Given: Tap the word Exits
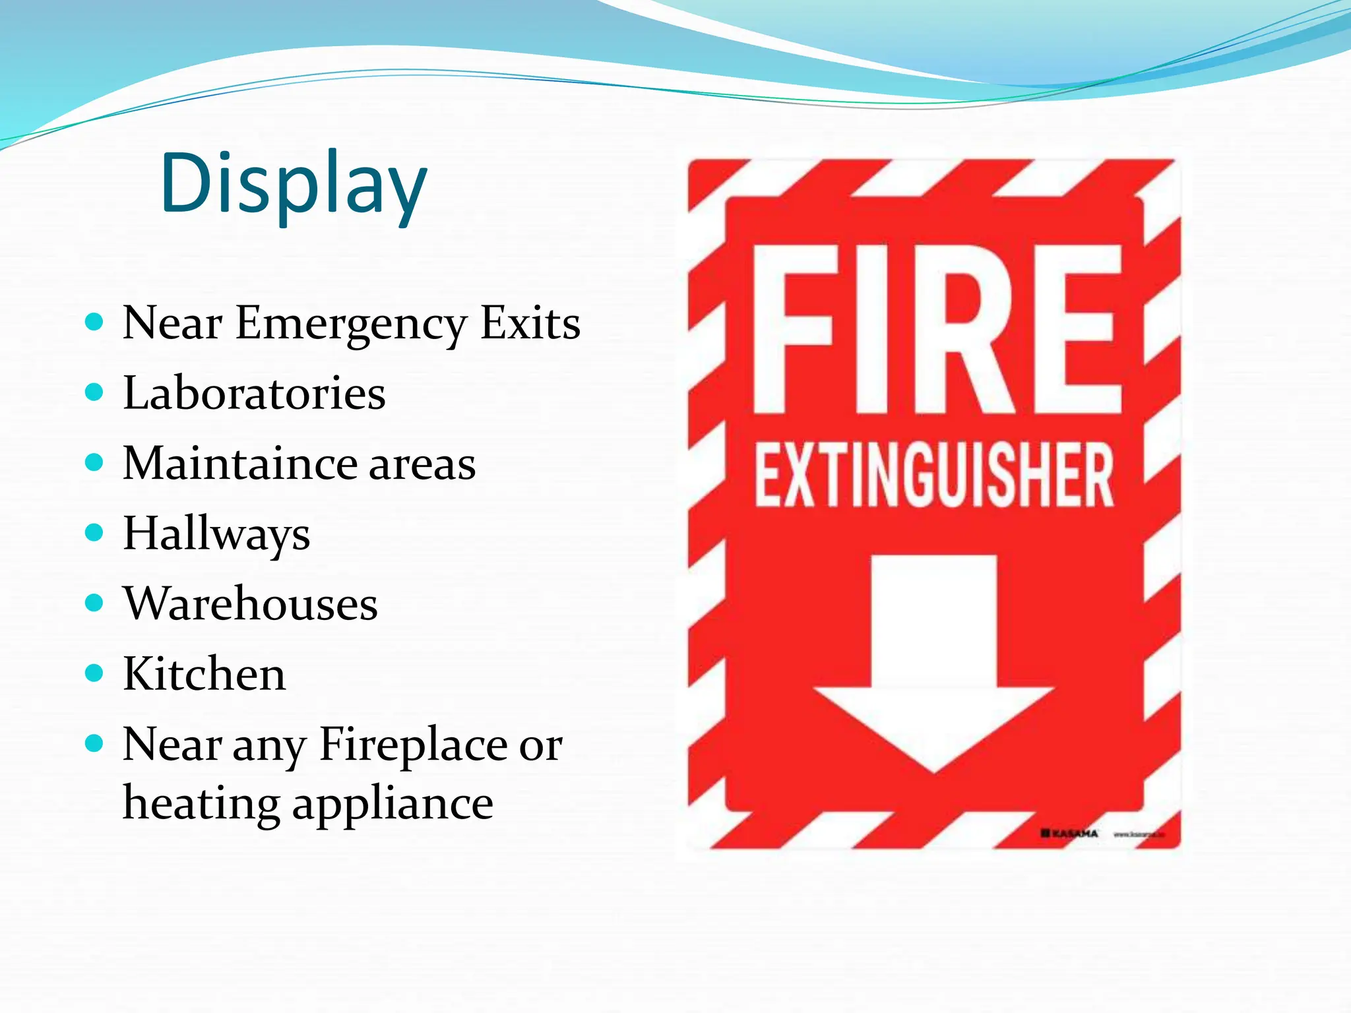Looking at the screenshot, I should tap(530, 323).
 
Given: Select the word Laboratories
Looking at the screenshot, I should tap(255, 393).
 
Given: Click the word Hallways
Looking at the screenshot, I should tap(216, 534).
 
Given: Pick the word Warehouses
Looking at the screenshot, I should tap(251, 603).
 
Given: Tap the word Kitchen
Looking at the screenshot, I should tap(204, 674).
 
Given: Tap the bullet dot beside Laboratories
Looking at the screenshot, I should tap(95, 393).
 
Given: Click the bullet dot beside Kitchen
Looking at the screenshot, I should tap(95, 673).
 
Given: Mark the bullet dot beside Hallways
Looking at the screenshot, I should tap(95, 532).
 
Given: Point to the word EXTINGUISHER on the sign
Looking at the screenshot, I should tap(935, 475).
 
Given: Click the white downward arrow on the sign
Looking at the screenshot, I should tap(934, 660).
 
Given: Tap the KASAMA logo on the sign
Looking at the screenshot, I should tap(1069, 834).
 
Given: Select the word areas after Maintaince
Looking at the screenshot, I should tap(422, 464).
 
